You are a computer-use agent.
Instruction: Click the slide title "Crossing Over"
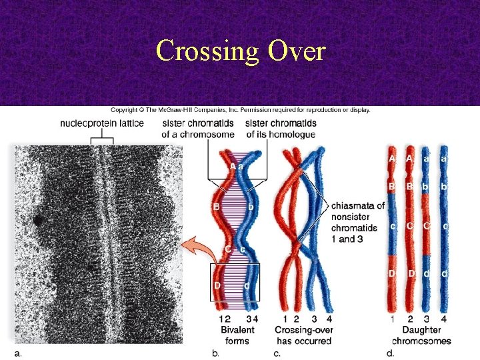click(x=240, y=50)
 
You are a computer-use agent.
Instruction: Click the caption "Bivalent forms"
click(x=237, y=335)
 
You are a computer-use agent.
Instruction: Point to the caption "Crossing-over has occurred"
click(x=303, y=335)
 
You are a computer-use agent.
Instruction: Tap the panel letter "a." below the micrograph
click(x=18, y=353)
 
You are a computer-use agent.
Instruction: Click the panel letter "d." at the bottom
click(x=390, y=353)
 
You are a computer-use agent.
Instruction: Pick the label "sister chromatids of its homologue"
click(x=281, y=129)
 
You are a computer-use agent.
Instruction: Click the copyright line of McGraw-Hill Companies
click(x=240, y=109)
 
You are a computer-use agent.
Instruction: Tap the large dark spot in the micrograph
click(x=37, y=219)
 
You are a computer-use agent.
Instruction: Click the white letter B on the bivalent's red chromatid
click(x=216, y=207)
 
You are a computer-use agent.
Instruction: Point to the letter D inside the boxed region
click(x=217, y=285)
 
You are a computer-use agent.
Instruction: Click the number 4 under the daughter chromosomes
click(x=444, y=319)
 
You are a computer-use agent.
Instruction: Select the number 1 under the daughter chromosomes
click(x=393, y=319)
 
